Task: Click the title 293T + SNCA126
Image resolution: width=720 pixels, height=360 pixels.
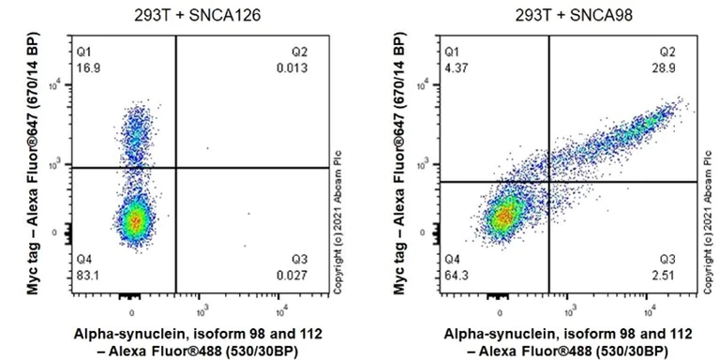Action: click(x=185, y=15)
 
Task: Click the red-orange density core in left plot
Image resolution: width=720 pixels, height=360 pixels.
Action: click(x=136, y=221)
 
